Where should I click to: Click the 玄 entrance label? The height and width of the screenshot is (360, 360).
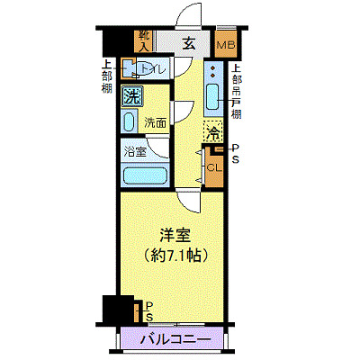click(x=190, y=41)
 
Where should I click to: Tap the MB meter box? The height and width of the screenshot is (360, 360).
click(x=225, y=43)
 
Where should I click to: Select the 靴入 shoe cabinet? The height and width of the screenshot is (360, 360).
click(x=144, y=40)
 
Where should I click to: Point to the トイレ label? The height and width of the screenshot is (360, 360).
click(x=146, y=67)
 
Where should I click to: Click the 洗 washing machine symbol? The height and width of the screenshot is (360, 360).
click(x=132, y=97)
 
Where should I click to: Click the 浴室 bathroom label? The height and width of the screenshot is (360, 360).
click(x=134, y=151)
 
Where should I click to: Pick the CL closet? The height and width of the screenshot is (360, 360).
click(x=215, y=166)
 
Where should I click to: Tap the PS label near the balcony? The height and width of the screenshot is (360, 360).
click(x=148, y=310)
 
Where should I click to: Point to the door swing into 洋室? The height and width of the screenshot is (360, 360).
click(x=187, y=201)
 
